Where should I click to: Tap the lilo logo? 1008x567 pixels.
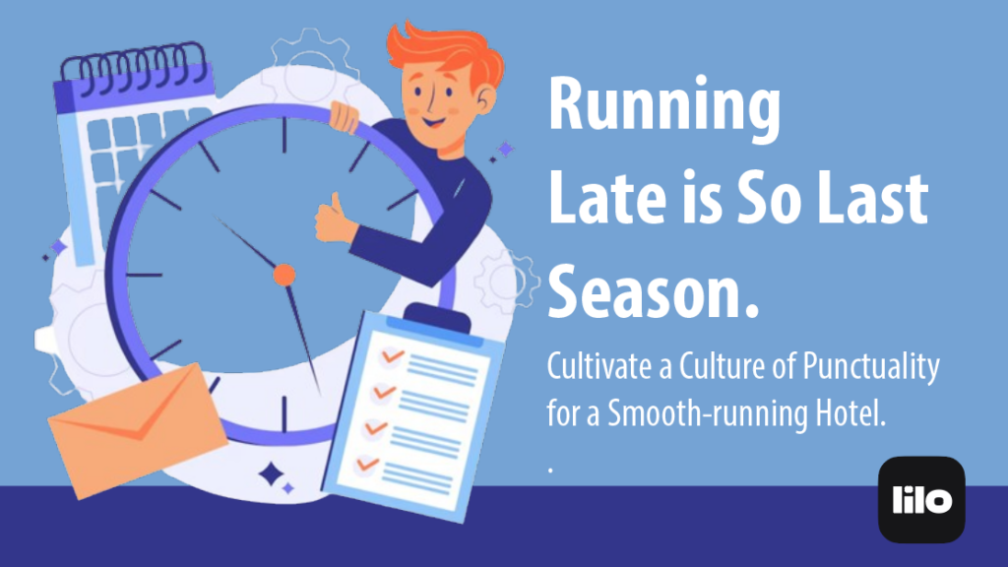tap(921, 499)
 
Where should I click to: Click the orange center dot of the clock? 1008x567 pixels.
tap(283, 275)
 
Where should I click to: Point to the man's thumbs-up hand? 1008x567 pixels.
tap(333, 220)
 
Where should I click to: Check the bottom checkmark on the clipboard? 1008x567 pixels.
tap(368, 462)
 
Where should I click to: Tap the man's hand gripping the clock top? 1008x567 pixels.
tap(345, 117)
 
